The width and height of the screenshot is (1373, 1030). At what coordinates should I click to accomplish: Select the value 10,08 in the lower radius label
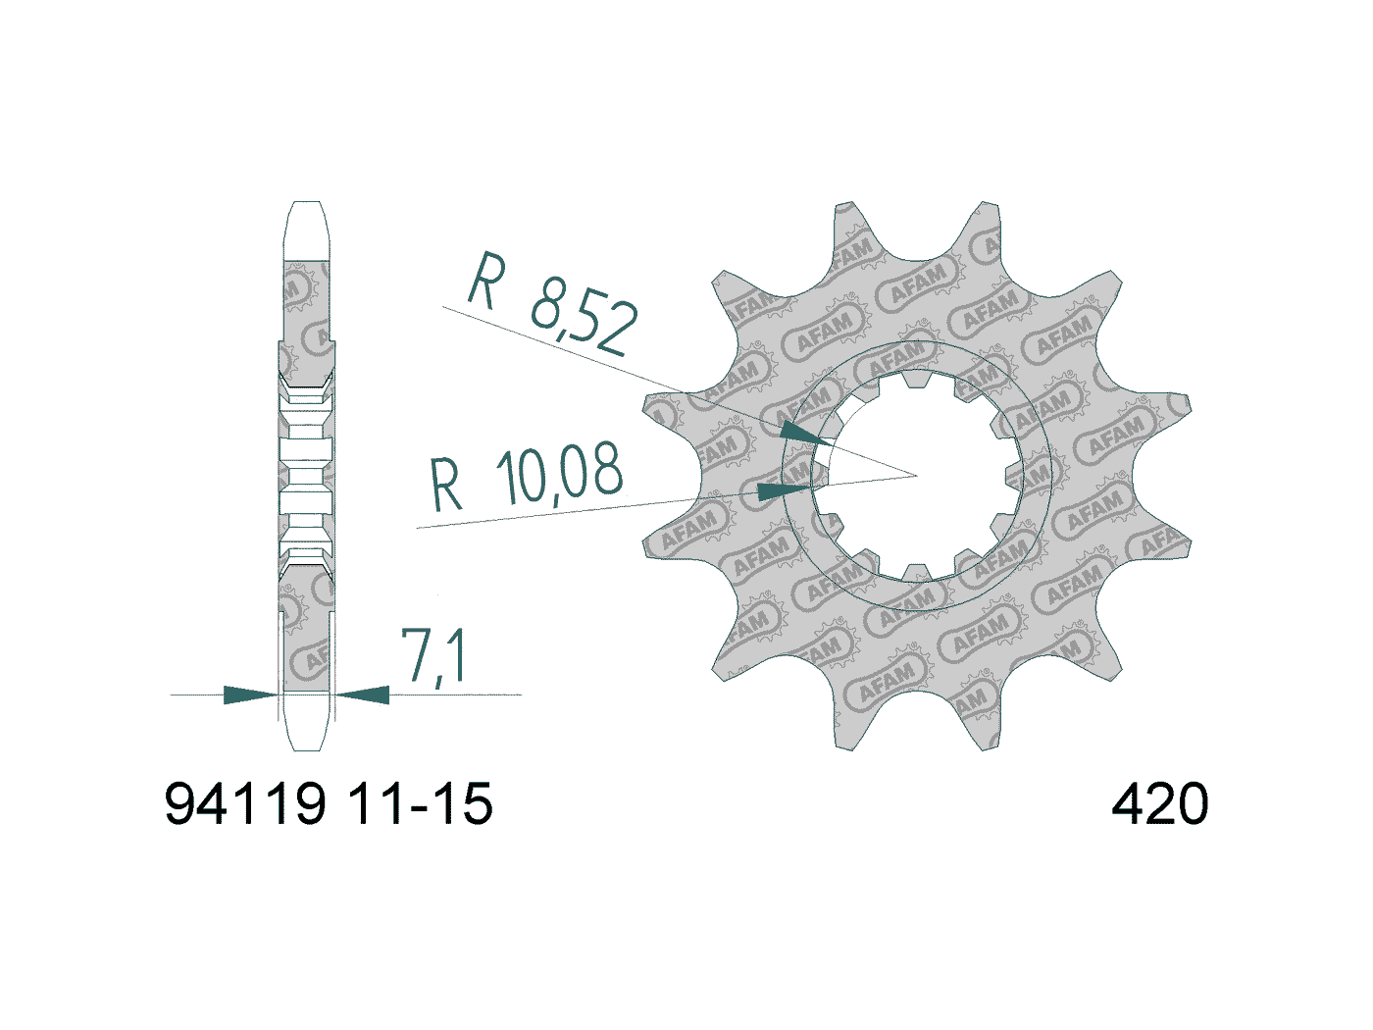tap(559, 473)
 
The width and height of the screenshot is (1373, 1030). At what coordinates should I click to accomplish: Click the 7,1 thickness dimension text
tap(432, 656)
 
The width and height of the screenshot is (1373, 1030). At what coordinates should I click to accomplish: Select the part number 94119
tap(245, 804)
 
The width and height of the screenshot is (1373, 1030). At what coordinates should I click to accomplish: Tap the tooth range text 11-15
tap(420, 804)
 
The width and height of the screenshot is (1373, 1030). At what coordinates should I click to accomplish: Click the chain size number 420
tap(1159, 804)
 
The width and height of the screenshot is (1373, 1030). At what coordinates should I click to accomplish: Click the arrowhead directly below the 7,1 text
tap(363, 695)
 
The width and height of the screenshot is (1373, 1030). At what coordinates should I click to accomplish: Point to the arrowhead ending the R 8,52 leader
tap(799, 433)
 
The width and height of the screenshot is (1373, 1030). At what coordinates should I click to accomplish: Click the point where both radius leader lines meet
tap(916, 476)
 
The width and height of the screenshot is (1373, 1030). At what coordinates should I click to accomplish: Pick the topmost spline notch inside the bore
tap(916, 378)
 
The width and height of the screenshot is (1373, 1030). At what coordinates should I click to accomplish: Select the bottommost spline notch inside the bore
tap(916, 573)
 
